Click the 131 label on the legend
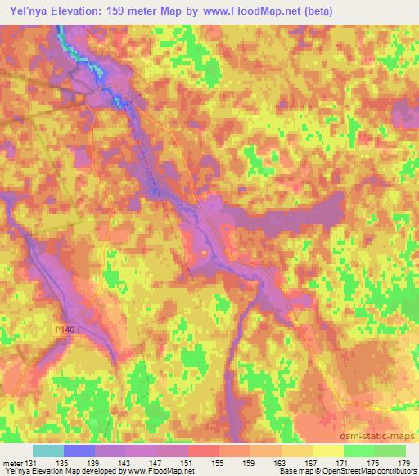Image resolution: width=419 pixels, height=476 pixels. pyautogui.click(x=31, y=464)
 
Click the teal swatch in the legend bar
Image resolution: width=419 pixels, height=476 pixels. pyautogui.click(x=48, y=451)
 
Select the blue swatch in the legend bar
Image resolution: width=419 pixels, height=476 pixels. pyautogui.click(x=79, y=451)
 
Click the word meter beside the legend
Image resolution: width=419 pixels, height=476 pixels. pyautogui.click(x=11, y=464)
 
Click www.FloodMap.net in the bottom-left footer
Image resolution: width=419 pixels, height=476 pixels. pyautogui.click(x=157, y=471)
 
